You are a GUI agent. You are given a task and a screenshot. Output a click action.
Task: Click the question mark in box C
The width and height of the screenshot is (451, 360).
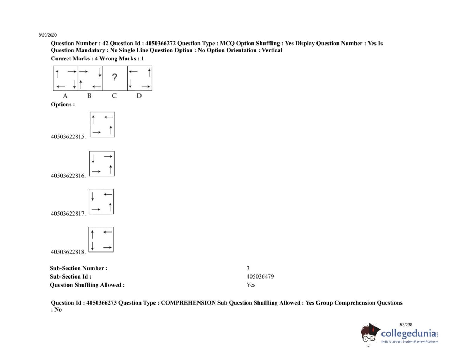[x=115, y=77]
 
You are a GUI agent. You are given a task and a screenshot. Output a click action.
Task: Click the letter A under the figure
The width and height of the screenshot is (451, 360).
[x=65, y=96]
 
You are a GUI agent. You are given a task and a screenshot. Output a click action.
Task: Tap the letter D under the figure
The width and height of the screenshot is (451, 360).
[x=139, y=96]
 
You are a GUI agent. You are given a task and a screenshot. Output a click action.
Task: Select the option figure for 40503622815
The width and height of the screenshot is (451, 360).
[x=102, y=125]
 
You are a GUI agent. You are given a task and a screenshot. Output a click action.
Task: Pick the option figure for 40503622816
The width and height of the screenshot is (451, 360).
[x=102, y=164]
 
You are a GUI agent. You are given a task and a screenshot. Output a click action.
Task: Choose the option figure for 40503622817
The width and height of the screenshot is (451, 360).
[x=102, y=202]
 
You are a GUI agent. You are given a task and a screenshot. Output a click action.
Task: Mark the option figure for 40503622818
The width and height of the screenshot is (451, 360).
[x=101, y=240]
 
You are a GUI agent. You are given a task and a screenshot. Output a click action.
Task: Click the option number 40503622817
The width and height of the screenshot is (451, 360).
[x=68, y=214]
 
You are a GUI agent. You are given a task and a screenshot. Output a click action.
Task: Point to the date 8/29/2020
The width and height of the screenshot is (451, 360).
[x=47, y=35]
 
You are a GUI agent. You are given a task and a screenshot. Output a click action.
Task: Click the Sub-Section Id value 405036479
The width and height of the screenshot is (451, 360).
[x=260, y=277]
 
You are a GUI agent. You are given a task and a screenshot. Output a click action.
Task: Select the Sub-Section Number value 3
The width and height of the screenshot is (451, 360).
[x=248, y=268]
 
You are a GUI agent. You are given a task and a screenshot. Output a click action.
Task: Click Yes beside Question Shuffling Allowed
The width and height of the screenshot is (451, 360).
[x=251, y=285]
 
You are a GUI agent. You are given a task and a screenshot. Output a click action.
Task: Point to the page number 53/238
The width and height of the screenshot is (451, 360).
[x=406, y=325]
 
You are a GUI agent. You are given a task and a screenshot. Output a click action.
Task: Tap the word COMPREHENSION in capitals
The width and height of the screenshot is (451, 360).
[x=188, y=303]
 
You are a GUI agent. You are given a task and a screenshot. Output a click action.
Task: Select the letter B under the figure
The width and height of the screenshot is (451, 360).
[x=89, y=96]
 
